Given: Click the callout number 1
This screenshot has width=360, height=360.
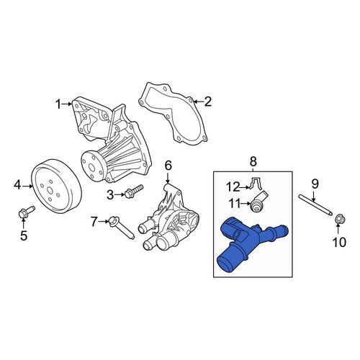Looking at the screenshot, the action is tap(59, 104).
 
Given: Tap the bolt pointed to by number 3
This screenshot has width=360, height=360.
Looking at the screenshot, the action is tap(134, 191).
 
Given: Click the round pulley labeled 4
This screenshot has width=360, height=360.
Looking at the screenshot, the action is tap(57, 186).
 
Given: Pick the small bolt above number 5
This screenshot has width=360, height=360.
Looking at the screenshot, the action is tap(27, 212).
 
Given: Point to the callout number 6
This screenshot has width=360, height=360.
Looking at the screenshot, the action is tap(168, 166).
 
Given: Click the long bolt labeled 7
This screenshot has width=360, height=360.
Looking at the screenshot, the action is tap(122, 228).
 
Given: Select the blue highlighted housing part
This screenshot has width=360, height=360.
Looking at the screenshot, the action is tap(251, 243).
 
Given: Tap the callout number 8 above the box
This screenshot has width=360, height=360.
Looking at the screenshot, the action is tap(253, 161).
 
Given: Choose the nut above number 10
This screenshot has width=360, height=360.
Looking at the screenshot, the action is tap(340, 219).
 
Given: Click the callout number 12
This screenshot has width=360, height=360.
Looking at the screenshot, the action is tap(233, 187).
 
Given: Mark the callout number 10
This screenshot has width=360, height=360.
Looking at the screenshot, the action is tap(339, 242).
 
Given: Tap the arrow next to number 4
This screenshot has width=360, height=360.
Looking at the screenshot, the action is tap(27, 186).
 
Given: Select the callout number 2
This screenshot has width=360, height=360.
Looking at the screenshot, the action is tap(207, 102).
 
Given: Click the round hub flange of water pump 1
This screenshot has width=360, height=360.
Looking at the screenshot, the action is tap(91, 166).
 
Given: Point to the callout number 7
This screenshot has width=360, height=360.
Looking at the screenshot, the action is tap(94, 222).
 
